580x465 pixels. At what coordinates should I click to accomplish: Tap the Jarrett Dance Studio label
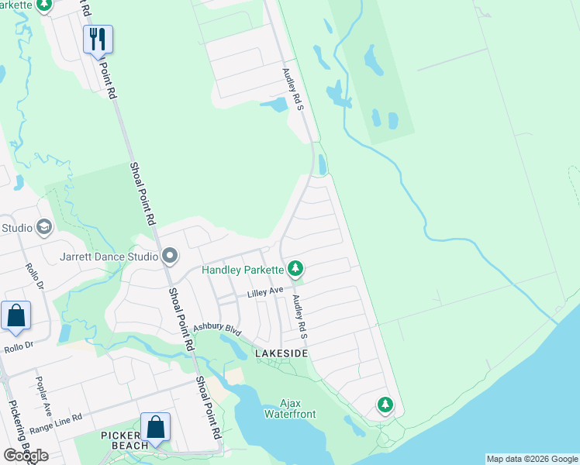(108, 255)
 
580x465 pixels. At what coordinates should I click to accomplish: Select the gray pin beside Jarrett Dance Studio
(170, 256)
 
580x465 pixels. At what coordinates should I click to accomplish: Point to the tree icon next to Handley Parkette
(295, 270)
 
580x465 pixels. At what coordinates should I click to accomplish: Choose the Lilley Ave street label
(266, 292)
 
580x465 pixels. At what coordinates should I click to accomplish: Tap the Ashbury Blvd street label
(218, 329)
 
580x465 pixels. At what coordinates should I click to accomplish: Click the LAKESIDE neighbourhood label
(281, 353)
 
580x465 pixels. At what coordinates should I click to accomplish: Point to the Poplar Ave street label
(42, 397)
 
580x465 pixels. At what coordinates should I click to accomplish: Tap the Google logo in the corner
(26, 455)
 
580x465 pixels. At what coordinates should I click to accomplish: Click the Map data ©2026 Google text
(532, 459)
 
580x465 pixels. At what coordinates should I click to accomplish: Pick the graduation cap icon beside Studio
(44, 227)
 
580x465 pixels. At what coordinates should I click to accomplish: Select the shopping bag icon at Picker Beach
(155, 427)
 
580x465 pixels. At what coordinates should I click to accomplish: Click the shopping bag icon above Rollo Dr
(16, 315)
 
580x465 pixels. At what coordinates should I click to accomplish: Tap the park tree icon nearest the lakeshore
(385, 405)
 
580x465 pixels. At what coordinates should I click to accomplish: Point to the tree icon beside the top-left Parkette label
(44, 5)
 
